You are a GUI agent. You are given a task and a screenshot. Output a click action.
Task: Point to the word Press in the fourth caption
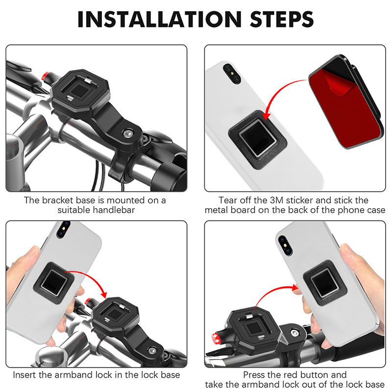coord(254,375)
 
